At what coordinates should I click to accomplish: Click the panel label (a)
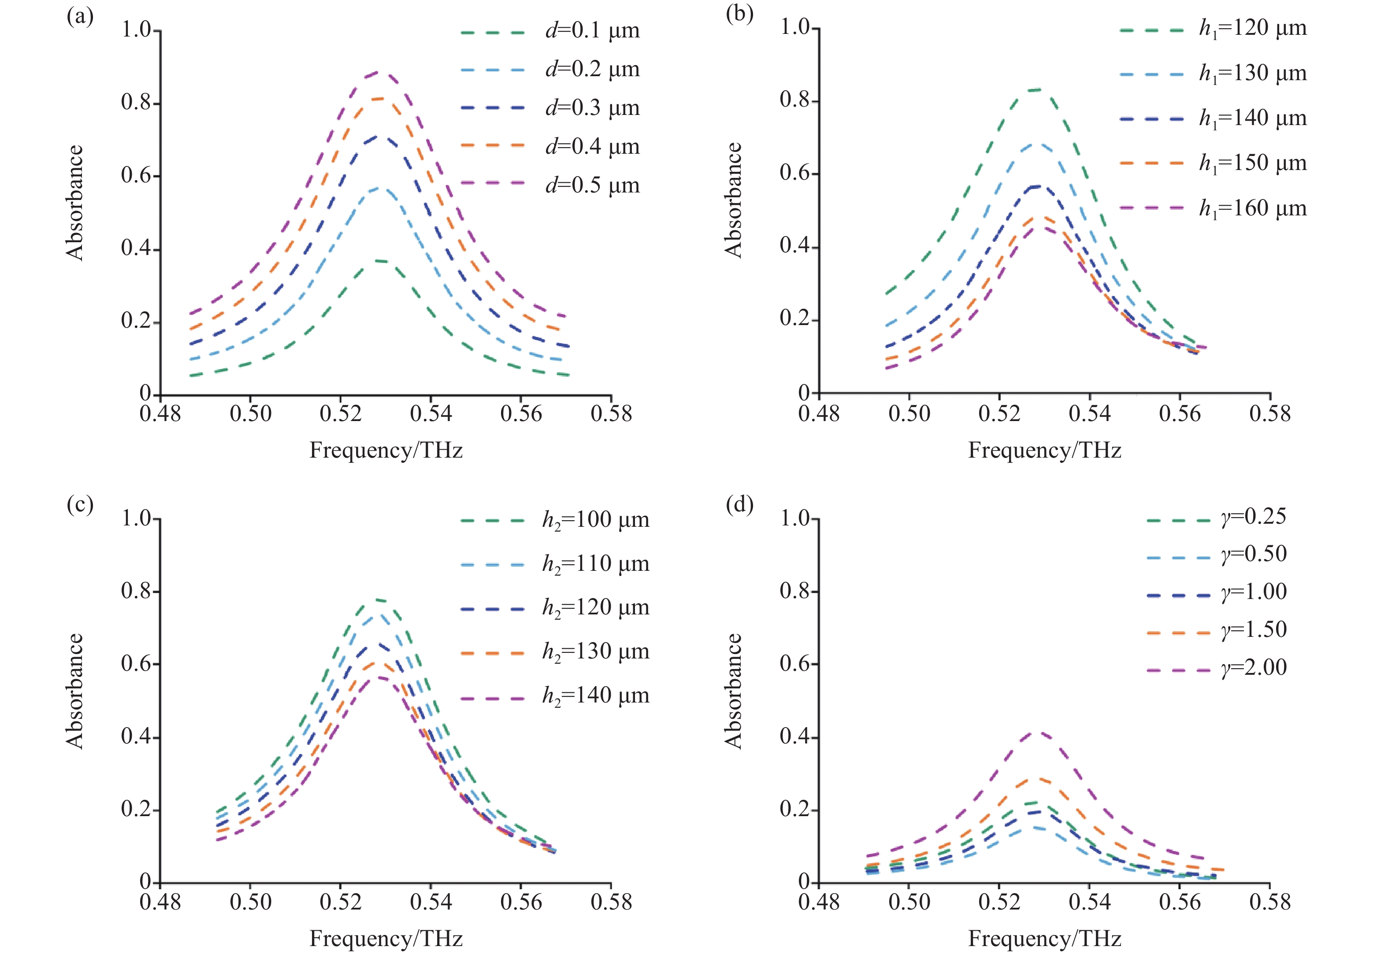pyautogui.click(x=80, y=17)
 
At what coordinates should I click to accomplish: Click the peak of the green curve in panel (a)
pyautogui.click(x=379, y=261)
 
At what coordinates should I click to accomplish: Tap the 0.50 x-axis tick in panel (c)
pyautogui.click(x=251, y=902)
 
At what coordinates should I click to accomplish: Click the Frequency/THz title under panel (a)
pyautogui.click(x=386, y=450)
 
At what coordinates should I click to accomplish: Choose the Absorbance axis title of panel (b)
pyautogui.click(x=733, y=200)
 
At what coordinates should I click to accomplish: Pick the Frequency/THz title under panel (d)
pyautogui.click(x=1044, y=939)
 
